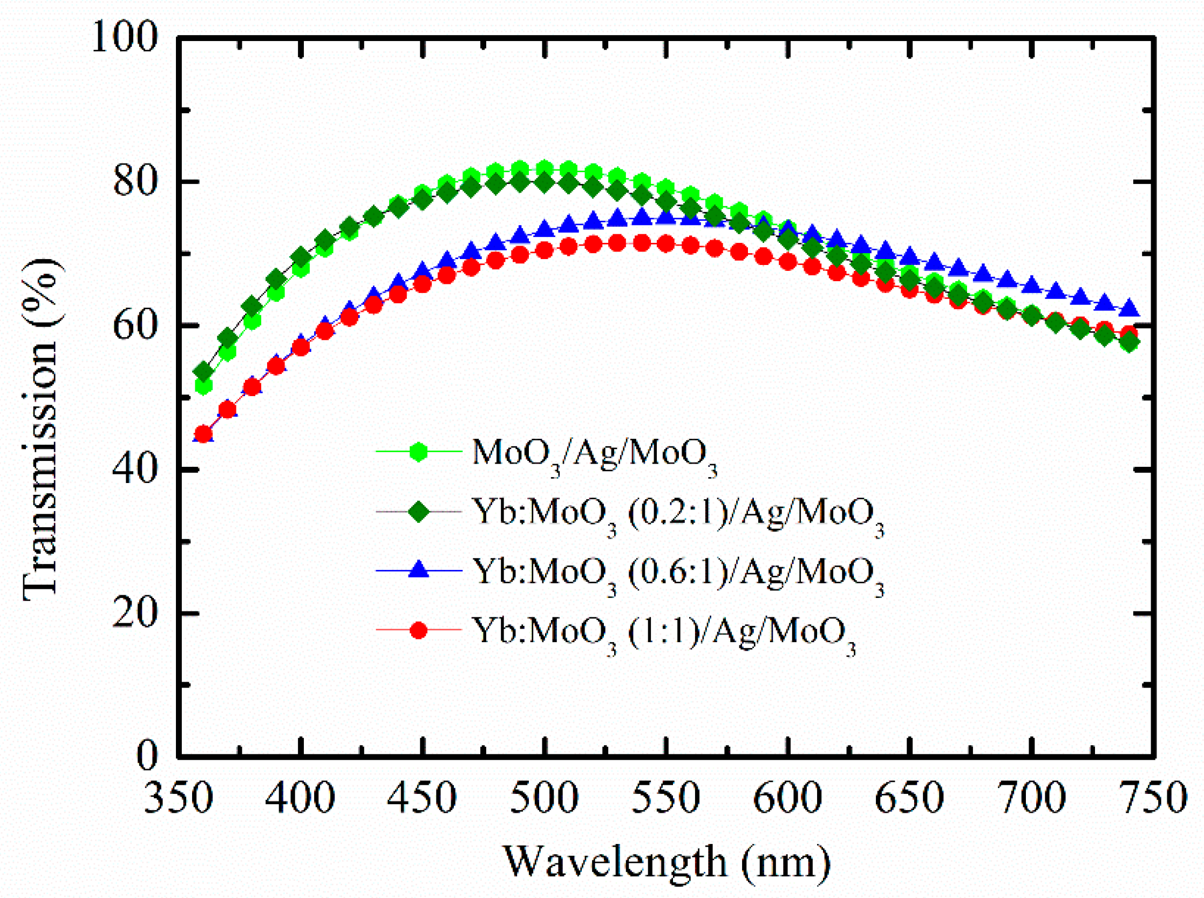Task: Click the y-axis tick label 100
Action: pyautogui.click(x=125, y=38)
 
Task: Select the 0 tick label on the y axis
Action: pyautogui.click(x=147, y=756)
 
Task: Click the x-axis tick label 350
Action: pyautogui.click(x=178, y=799)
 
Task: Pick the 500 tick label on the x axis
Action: pyautogui.click(x=544, y=799)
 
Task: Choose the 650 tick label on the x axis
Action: pyautogui.click(x=909, y=799)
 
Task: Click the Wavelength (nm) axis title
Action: pyautogui.click(x=668, y=862)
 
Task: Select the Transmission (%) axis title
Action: pyautogui.click(x=41, y=430)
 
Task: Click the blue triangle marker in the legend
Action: pyautogui.click(x=419, y=570)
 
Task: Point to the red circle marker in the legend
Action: pyautogui.click(x=419, y=630)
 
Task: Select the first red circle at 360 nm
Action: pyautogui.click(x=203, y=434)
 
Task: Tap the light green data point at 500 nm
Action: pyautogui.click(x=544, y=169)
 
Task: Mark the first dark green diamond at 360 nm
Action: pyautogui.click(x=203, y=372)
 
